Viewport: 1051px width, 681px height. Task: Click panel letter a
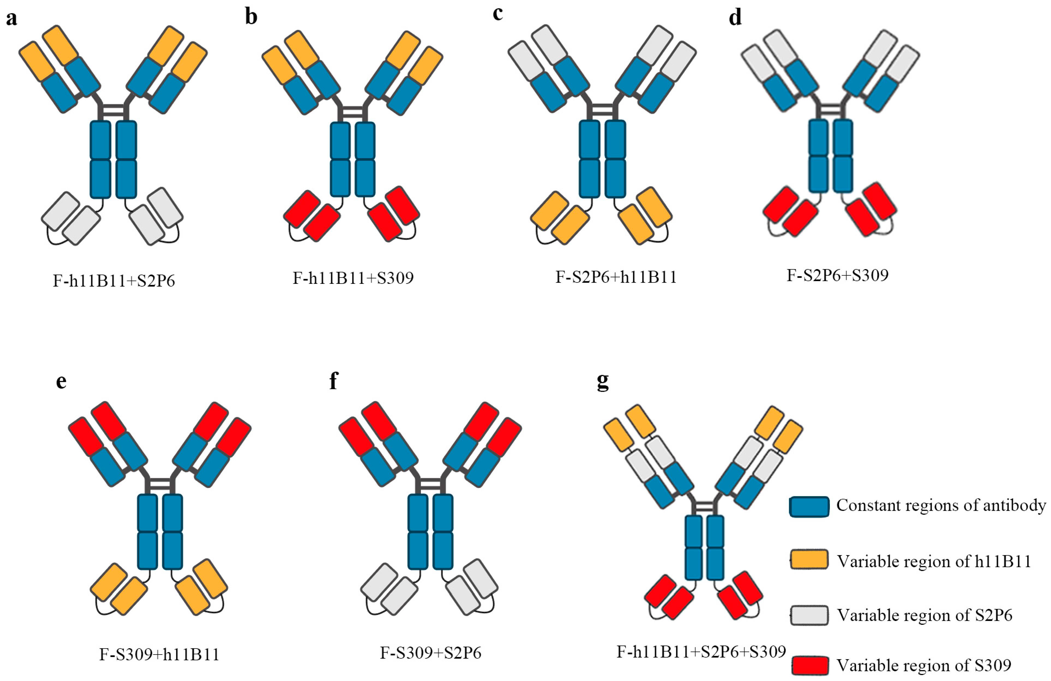click(11, 19)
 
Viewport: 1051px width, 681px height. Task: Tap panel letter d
click(735, 18)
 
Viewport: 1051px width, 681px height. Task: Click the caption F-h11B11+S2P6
click(114, 281)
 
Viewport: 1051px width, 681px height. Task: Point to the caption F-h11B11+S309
click(353, 278)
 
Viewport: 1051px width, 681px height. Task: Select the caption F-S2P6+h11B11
click(616, 277)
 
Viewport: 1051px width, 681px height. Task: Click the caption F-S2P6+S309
click(837, 275)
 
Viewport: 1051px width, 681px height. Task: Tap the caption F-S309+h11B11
click(160, 654)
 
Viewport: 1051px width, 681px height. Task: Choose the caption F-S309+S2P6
click(431, 653)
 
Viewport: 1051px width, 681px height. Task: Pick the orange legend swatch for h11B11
click(809, 560)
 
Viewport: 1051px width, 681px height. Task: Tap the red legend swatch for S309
click(809, 665)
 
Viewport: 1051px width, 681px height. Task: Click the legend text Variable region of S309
click(924, 665)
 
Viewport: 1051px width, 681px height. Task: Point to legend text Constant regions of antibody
click(941, 505)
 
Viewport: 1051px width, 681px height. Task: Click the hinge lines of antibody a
click(113, 109)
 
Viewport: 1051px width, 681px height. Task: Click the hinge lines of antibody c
click(603, 109)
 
